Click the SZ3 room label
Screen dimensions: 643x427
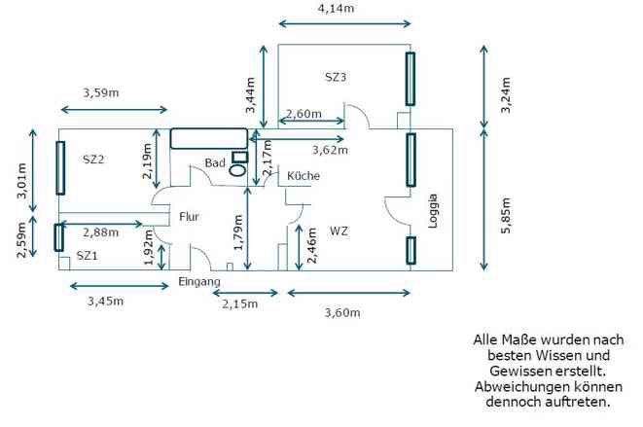[336, 77]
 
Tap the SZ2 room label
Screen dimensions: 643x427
[93, 160]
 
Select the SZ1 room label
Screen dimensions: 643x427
[87, 256]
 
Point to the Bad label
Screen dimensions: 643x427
[215, 162]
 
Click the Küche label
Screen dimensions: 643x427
[304, 175]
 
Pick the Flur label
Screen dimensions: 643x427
[189, 216]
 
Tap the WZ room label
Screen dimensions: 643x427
[339, 231]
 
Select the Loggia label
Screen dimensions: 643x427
[433, 211]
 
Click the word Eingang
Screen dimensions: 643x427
[199, 282]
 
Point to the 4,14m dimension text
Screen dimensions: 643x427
[336, 8]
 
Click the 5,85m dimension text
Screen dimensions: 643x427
[506, 216]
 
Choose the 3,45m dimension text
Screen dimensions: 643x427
[105, 302]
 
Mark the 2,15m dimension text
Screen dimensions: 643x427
[240, 303]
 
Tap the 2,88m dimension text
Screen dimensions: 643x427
[101, 232]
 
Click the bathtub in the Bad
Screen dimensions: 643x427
[209, 139]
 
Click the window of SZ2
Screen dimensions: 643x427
[60, 167]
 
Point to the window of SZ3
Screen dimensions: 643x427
[411, 79]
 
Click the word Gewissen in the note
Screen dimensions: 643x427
[515, 371]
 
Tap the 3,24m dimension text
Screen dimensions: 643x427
[506, 94]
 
